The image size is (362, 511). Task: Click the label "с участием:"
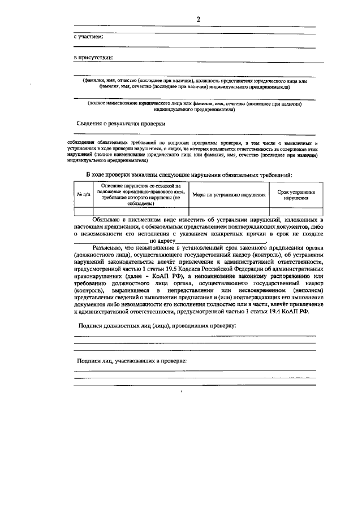pos(89,37)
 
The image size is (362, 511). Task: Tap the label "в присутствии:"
pos(94,58)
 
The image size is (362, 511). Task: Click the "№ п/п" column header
pos(83,194)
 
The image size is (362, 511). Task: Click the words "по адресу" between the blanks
pos(163,241)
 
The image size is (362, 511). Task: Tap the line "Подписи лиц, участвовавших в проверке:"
pos(132,360)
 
